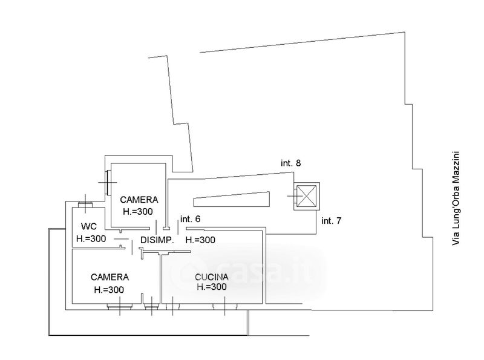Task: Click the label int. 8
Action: (290, 163)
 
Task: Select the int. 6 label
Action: (189, 220)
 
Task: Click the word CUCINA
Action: (212, 277)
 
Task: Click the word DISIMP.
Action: (157, 240)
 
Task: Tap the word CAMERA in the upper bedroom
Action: (139, 200)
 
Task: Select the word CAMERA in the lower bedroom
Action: (110, 277)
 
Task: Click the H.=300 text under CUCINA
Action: (212, 287)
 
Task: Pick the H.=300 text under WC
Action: (91, 238)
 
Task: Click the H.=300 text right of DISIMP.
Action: (200, 240)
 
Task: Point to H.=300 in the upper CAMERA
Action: (138, 211)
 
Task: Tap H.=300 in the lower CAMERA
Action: (110, 290)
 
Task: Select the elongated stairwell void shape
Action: (231, 200)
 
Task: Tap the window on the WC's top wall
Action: (85, 205)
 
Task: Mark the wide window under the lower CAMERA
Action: (118, 307)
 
